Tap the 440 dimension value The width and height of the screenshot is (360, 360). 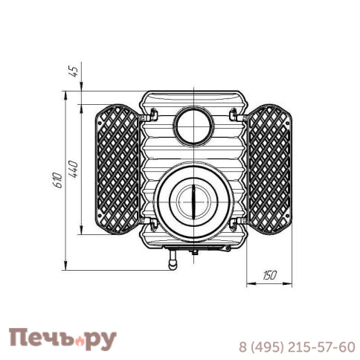tap(73, 169)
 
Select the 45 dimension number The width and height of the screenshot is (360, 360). tap(74, 71)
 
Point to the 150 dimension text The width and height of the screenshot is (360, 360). tap(269, 275)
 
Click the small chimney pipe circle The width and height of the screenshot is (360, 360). tap(193, 126)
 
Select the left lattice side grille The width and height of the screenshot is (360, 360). tap(117, 170)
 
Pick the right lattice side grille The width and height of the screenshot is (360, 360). tap(270, 170)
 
